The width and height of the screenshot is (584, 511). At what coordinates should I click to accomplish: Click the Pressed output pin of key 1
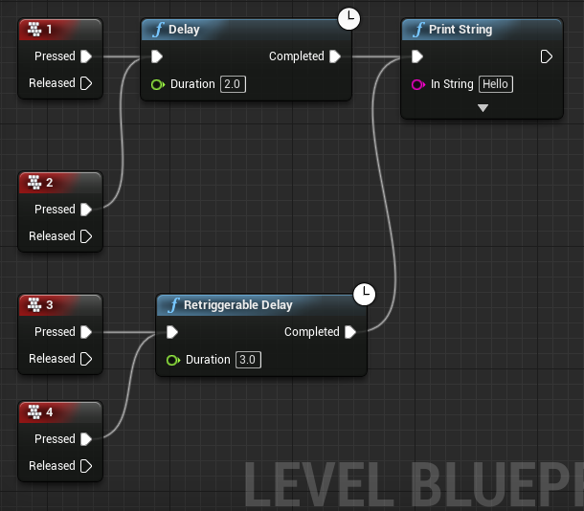pyautogui.click(x=86, y=56)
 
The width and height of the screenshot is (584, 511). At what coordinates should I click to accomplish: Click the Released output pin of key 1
pyautogui.click(x=86, y=83)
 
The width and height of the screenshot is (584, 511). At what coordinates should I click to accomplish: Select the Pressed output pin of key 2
pyautogui.click(x=86, y=210)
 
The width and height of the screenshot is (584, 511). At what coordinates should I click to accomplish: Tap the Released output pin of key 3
pyautogui.click(x=86, y=359)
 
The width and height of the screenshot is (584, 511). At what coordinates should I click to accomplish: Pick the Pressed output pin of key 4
pyautogui.click(x=86, y=439)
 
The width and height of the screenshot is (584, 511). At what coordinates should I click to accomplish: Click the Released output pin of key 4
pyautogui.click(x=86, y=466)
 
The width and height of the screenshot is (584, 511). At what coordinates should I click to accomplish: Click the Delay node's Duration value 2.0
pyautogui.click(x=232, y=84)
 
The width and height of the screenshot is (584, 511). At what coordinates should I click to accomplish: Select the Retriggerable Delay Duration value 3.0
pyautogui.click(x=247, y=360)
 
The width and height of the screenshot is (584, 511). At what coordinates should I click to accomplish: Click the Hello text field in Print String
pyautogui.click(x=496, y=84)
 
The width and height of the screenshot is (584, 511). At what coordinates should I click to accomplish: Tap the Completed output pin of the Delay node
pyautogui.click(x=335, y=56)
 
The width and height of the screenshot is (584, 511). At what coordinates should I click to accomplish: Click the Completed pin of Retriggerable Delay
pyautogui.click(x=350, y=332)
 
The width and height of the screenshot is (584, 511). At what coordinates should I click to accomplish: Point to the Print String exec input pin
pyautogui.click(x=417, y=56)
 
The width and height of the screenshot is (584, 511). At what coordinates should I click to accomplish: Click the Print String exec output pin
pyautogui.click(x=546, y=56)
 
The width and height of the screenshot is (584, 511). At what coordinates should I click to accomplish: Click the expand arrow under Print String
pyautogui.click(x=483, y=108)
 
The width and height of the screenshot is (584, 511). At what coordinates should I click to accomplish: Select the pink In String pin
pyautogui.click(x=417, y=84)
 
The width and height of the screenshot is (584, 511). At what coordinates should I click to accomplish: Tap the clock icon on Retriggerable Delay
pyautogui.click(x=364, y=294)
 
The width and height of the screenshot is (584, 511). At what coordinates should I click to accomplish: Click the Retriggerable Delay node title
pyautogui.click(x=237, y=305)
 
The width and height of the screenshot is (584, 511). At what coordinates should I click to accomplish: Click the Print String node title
pyautogui.click(x=460, y=30)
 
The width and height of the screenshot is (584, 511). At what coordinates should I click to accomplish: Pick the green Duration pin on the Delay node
pyautogui.click(x=157, y=84)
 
